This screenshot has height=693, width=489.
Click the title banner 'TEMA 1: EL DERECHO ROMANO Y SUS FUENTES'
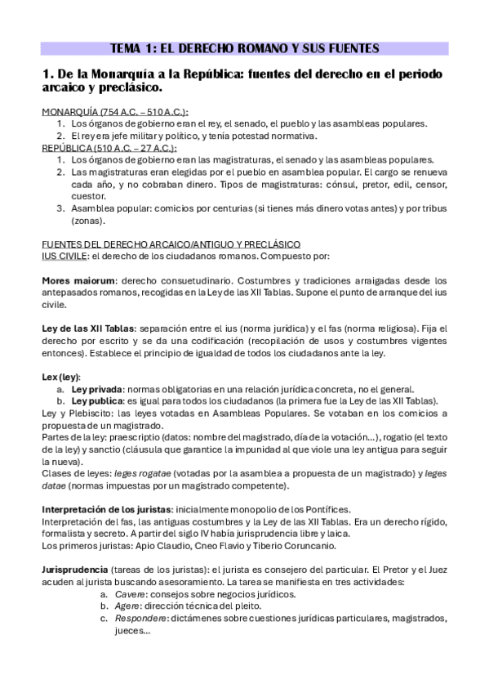(x=244, y=48)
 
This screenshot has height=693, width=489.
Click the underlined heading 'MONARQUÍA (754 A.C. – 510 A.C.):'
(x=114, y=111)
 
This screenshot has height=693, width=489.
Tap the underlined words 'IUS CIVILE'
(x=62, y=255)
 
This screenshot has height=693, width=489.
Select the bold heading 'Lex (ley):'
(x=61, y=377)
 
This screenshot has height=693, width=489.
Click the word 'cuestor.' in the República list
(x=89, y=196)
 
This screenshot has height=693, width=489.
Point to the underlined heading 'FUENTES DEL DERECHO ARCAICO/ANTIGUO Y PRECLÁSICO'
(x=171, y=244)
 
